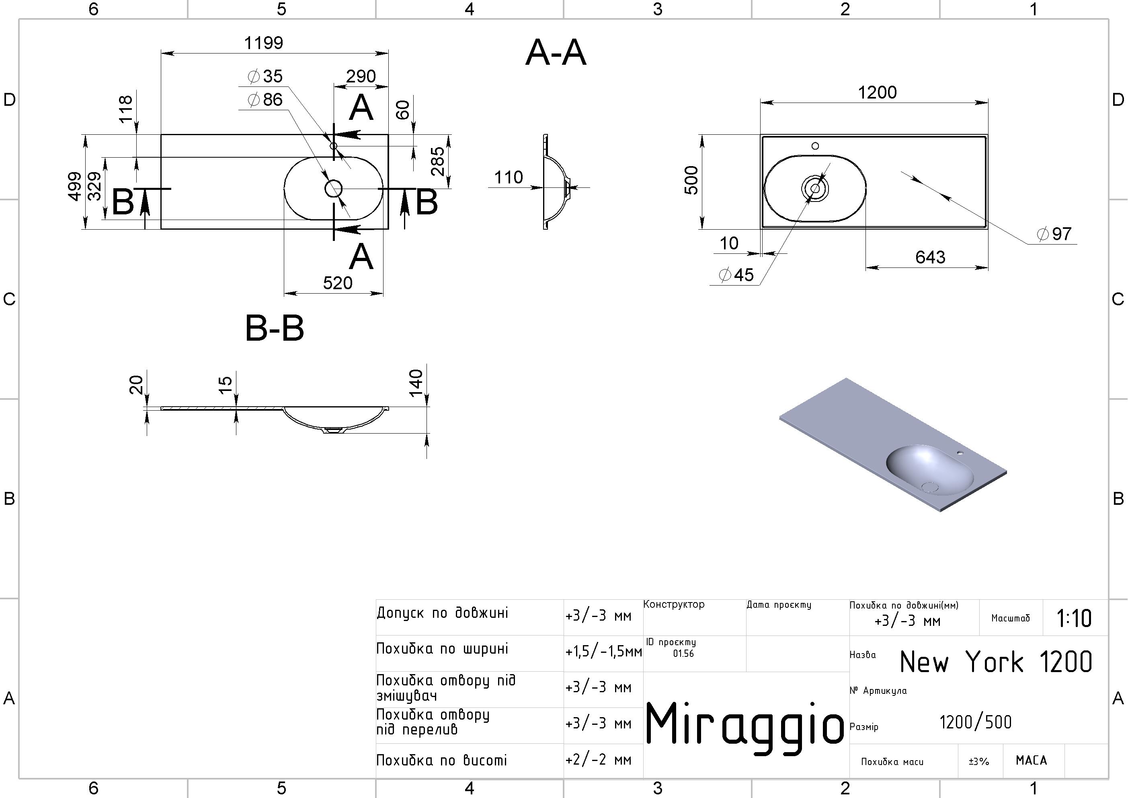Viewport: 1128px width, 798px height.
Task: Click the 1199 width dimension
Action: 264,43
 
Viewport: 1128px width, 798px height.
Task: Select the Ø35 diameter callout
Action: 266,76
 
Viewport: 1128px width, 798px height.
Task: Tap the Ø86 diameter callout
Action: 266,100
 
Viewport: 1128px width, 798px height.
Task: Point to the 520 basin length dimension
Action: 338,283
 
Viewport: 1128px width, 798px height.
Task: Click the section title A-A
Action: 555,53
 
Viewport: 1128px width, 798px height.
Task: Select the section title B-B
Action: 274,329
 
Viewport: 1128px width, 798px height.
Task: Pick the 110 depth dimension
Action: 509,177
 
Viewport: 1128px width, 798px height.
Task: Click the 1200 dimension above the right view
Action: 877,93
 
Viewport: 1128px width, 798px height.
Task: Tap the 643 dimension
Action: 930,257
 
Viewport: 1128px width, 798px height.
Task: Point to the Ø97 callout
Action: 1054,234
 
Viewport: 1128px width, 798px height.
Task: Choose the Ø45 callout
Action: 736,275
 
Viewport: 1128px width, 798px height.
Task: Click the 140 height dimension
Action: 416,383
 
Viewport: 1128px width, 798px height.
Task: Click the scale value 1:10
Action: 1074,619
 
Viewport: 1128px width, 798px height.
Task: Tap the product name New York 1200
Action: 996,662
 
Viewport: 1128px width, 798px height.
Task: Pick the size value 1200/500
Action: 975,722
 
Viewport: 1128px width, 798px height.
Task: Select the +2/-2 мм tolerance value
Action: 599,760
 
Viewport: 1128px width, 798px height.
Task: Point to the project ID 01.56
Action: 683,654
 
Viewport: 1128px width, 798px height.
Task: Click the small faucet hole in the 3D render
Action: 960,452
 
